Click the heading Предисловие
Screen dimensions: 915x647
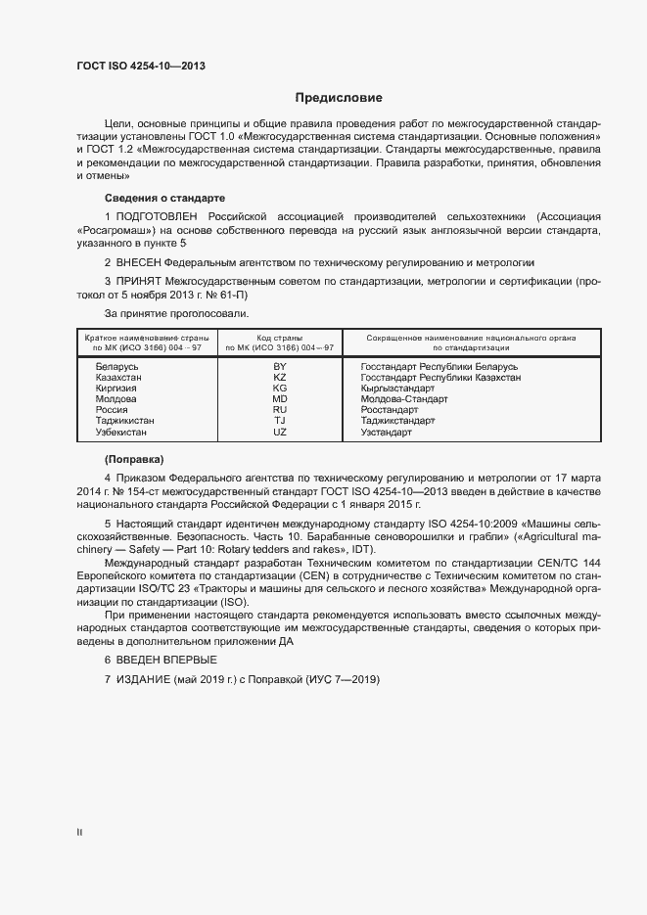point(339,98)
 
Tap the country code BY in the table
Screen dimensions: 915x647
point(279,366)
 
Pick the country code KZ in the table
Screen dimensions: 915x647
point(279,377)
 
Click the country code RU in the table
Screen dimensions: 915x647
point(279,410)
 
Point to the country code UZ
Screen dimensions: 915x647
point(279,432)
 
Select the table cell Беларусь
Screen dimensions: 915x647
point(116,366)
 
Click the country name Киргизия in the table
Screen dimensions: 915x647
point(116,389)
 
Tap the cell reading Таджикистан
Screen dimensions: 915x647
point(124,421)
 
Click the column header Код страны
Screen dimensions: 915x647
point(279,337)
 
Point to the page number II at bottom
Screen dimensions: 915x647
point(79,833)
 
